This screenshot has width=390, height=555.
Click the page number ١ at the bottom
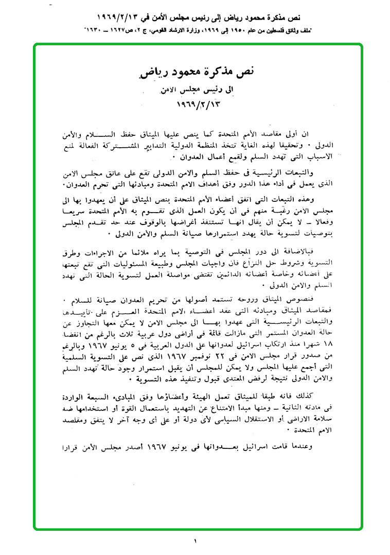pyautogui.click(x=196, y=541)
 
